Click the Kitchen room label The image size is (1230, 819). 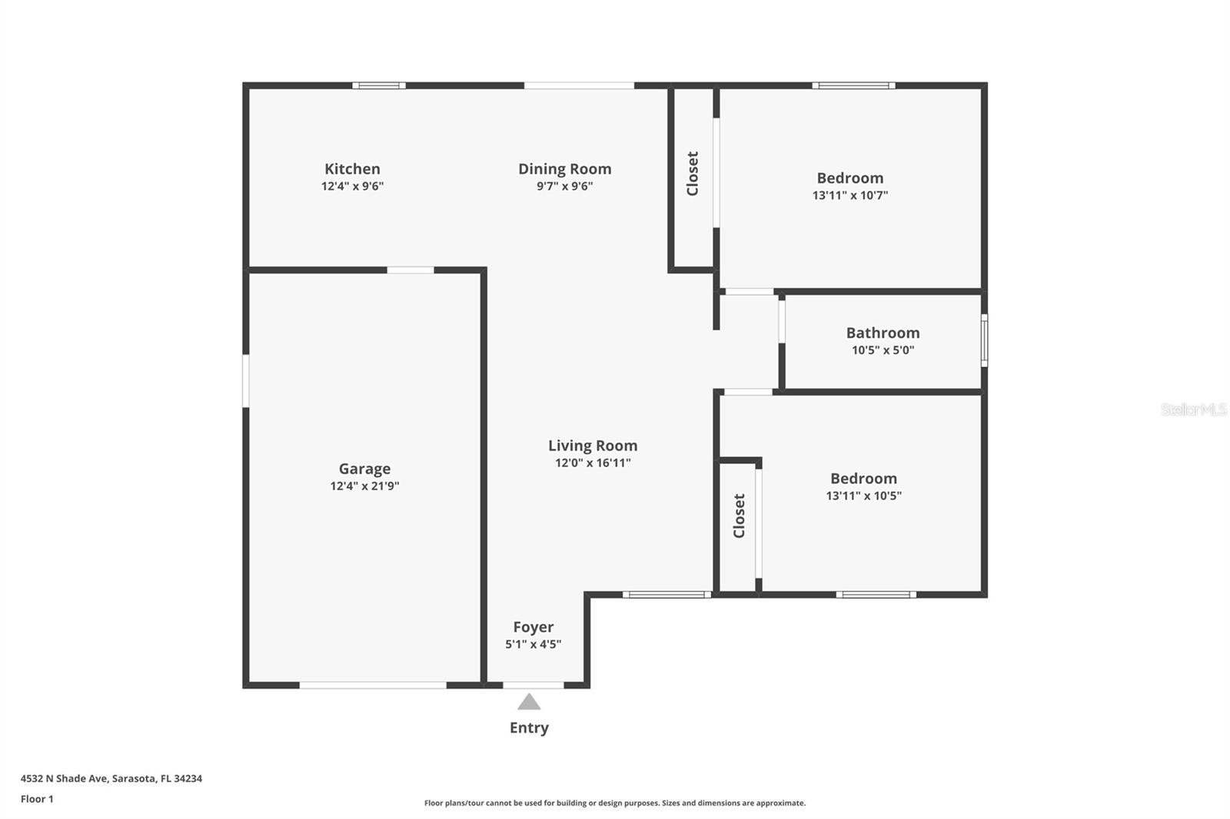click(352, 169)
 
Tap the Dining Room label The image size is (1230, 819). click(564, 169)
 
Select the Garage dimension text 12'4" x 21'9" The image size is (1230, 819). click(364, 486)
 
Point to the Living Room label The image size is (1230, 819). click(593, 446)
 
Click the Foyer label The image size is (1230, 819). click(533, 627)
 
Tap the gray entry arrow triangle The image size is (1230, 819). click(529, 701)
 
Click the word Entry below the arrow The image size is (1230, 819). click(529, 728)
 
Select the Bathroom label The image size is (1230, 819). click(883, 333)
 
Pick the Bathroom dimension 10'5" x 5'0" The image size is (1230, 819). click(883, 350)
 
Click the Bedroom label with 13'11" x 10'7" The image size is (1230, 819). click(849, 178)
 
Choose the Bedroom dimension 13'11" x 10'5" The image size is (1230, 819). click(863, 496)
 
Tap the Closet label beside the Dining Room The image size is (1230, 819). click(693, 174)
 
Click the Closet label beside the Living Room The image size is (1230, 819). click(740, 516)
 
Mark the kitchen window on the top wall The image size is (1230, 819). click(379, 85)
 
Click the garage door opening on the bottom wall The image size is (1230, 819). click(373, 685)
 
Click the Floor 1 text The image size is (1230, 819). click(37, 799)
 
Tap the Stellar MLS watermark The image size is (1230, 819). click(1193, 409)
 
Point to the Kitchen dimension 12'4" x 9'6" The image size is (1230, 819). click(352, 186)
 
